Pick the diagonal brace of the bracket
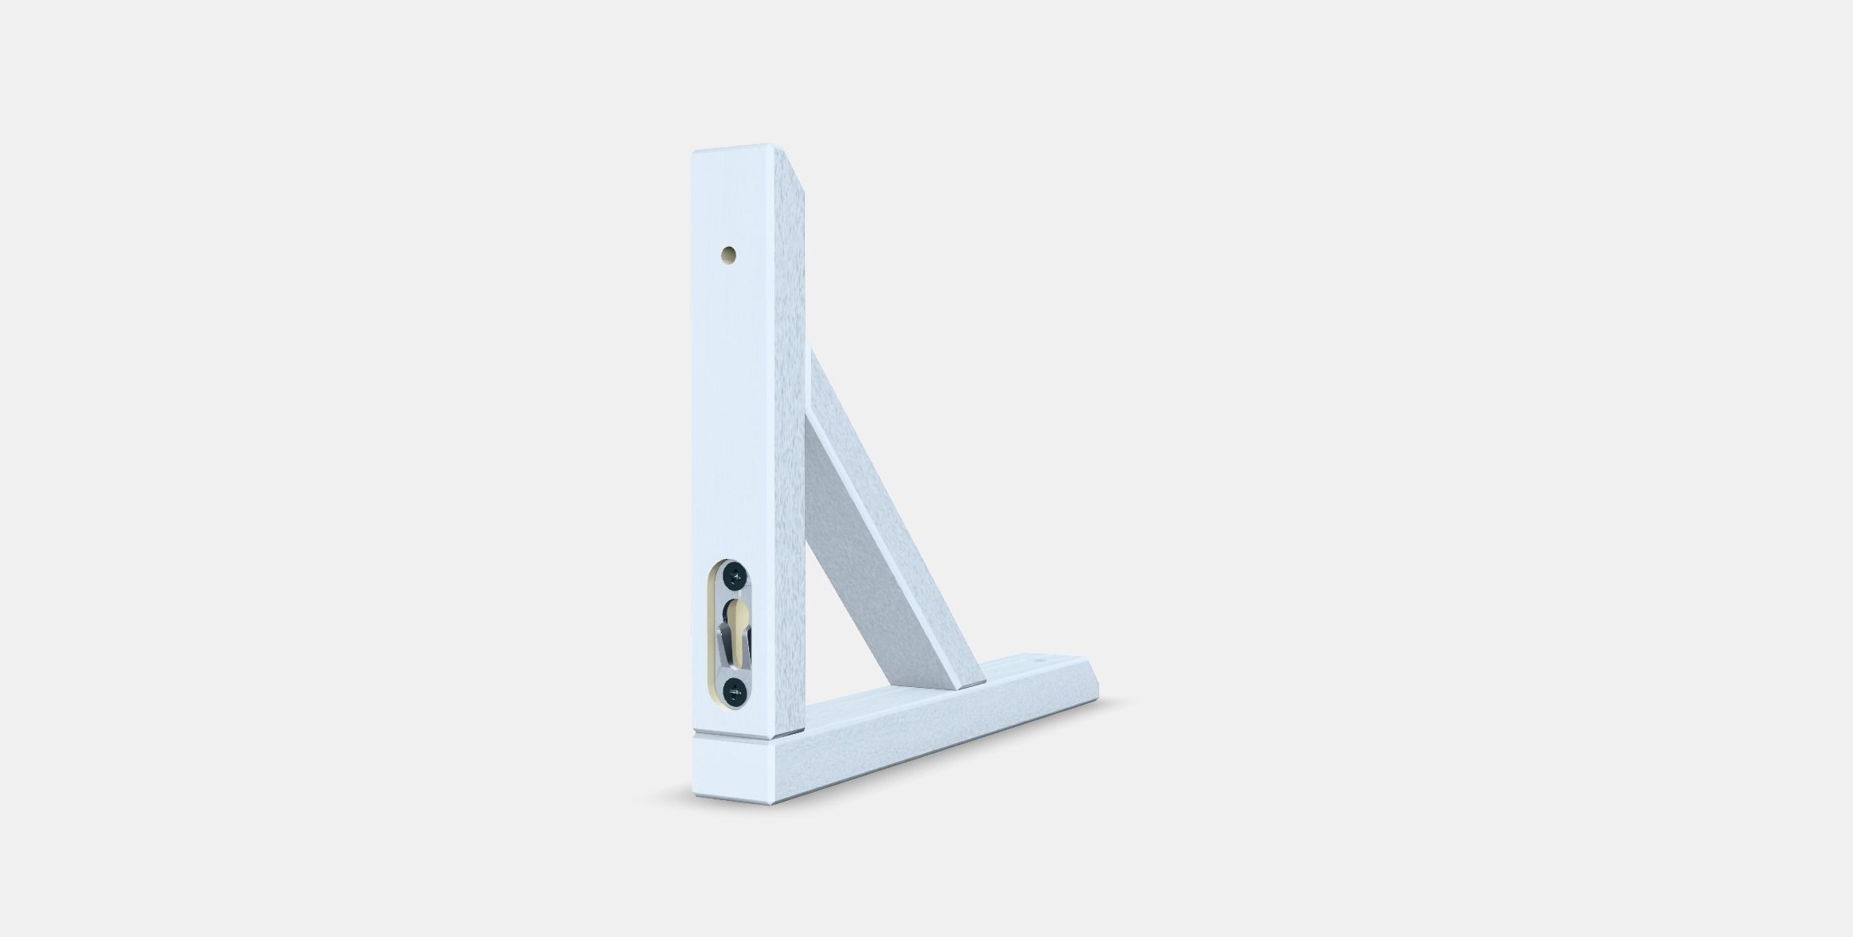click(x=884, y=517)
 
